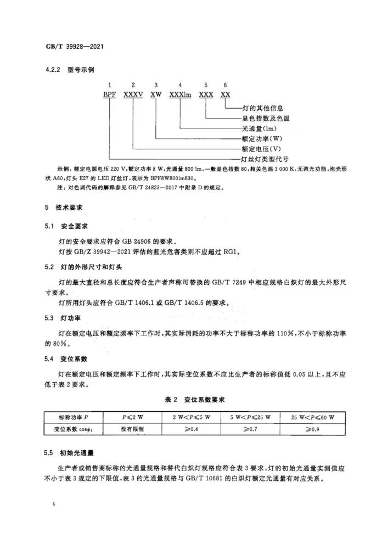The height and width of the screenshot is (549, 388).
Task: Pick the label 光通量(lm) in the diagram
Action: pyautogui.click(x=259, y=128)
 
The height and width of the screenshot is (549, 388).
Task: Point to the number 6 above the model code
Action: pyautogui.click(x=224, y=85)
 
